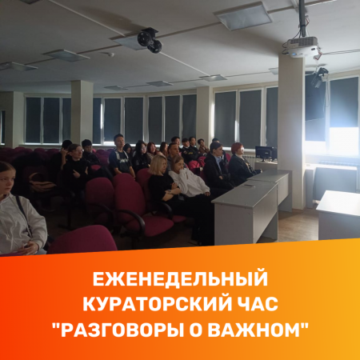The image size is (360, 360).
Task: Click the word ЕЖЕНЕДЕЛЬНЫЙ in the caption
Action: [180, 279]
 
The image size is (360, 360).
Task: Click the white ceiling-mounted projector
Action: [303, 46]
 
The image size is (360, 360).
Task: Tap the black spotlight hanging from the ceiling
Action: [150, 40]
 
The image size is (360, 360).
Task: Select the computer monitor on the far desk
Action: [265, 154]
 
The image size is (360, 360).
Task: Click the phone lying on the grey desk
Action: [250, 185]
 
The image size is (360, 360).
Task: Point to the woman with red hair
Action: [241, 162]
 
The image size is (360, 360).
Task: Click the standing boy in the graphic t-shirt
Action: [121, 156]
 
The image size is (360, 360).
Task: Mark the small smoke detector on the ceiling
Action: [110, 54]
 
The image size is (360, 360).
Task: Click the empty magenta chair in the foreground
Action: [82, 239]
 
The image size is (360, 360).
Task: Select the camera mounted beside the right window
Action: [318, 78]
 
